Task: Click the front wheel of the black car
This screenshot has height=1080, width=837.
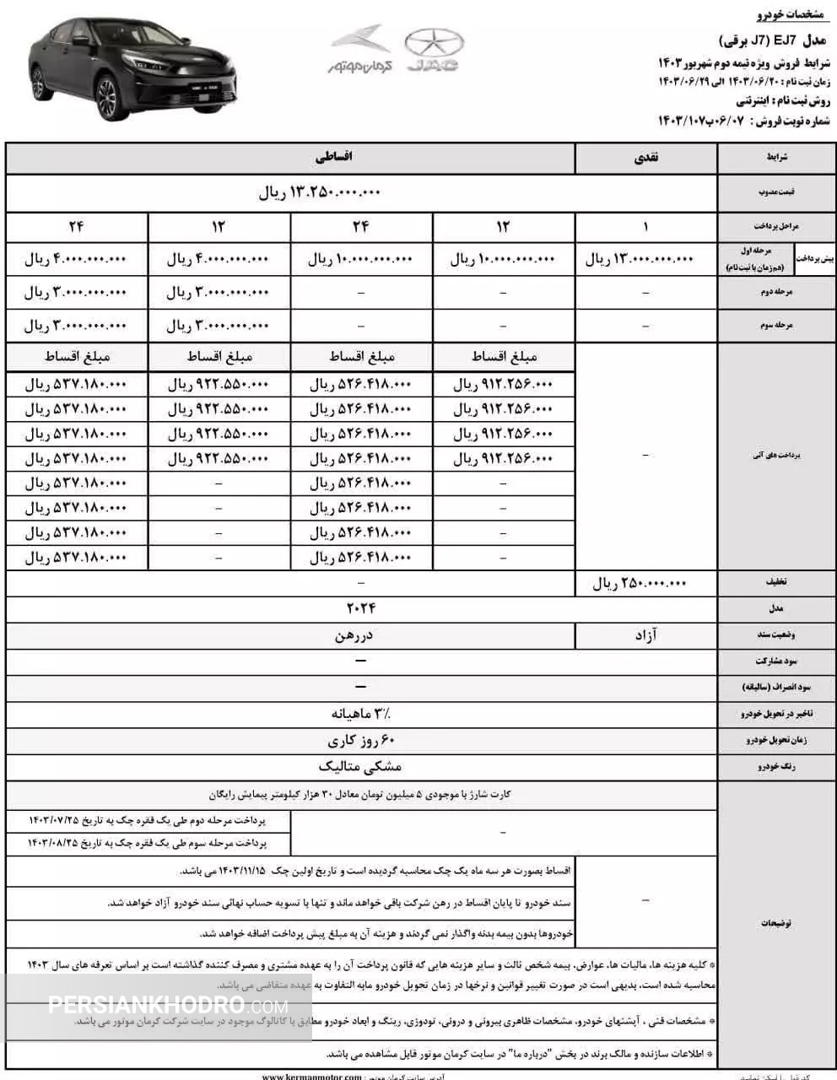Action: click(108, 95)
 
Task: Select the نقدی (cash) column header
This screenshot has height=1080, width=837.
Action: click(645, 158)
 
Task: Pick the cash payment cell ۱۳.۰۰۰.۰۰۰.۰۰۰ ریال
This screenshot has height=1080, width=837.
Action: click(640, 259)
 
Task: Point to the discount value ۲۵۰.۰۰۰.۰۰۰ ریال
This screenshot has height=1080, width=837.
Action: click(643, 583)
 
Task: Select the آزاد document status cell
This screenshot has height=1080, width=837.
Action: click(645, 635)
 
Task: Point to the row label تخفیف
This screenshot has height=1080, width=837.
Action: click(775, 583)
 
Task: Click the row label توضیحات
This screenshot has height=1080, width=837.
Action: click(775, 923)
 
